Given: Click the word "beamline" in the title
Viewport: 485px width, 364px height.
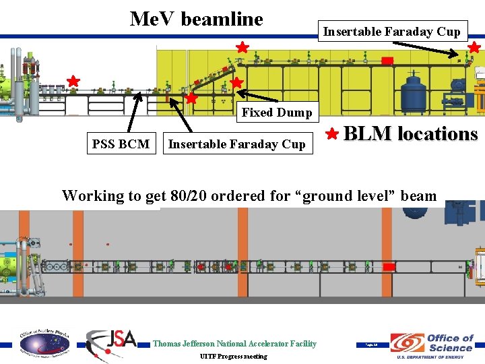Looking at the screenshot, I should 222,19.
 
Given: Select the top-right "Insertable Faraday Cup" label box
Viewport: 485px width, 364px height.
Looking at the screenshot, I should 391,31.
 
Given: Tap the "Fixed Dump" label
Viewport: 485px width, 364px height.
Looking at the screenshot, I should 277,113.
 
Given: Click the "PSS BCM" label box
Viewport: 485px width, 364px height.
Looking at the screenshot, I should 121,144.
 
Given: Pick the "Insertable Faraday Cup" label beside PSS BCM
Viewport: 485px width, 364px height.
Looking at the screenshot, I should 236,144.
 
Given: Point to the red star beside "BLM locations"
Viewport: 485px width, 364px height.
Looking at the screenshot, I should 331,134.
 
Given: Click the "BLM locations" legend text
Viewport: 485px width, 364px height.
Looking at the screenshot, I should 410,133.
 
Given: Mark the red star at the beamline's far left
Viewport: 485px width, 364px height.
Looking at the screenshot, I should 73,81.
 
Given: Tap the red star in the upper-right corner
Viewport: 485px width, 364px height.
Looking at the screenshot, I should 474,47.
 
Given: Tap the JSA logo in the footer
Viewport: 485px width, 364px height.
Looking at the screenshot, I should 111,344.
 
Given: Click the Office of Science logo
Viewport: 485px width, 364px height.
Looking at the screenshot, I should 432,345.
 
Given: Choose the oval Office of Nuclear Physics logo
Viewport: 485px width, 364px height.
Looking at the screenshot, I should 44,344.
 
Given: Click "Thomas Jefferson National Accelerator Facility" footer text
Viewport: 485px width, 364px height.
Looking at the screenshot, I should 234,344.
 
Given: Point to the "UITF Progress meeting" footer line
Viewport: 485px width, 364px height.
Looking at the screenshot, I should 234,356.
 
